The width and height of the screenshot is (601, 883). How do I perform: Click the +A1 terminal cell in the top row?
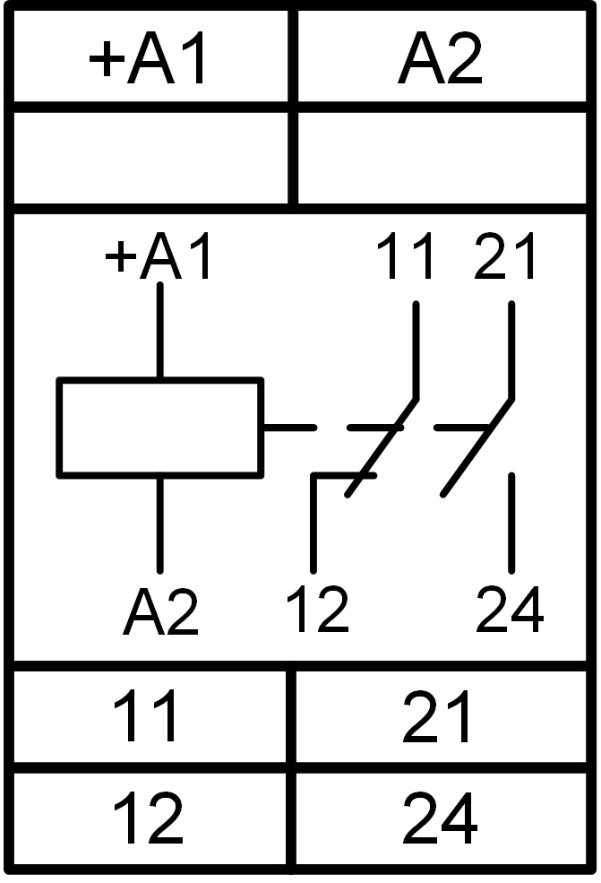tap(150, 56)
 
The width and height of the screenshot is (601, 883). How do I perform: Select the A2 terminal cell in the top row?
tap(442, 56)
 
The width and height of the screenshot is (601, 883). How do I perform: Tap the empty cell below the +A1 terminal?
tap(150, 158)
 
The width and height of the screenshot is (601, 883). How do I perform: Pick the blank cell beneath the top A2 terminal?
tap(442, 158)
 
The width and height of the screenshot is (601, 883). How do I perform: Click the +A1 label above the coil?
tap(159, 256)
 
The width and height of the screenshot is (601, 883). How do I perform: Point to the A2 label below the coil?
tap(161, 611)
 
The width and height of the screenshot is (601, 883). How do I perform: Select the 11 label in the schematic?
tap(405, 256)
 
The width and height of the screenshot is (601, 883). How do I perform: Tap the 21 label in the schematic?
tap(504, 256)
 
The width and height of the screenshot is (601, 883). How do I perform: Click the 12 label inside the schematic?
tap(317, 610)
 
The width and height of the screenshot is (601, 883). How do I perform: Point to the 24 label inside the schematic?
tap(510, 610)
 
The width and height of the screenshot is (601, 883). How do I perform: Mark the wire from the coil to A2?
tap(159, 524)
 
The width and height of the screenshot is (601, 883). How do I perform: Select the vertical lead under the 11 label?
tap(416, 350)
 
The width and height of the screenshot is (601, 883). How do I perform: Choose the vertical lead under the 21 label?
tap(511, 350)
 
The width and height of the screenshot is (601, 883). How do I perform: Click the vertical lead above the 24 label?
tap(511, 524)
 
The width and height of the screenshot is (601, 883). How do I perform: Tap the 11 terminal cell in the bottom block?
tap(149, 716)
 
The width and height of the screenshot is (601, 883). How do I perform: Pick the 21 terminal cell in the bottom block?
tap(442, 716)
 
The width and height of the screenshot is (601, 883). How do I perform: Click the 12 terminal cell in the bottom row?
tap(149, 818)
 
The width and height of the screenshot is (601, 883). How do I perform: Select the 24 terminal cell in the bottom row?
tap(442, 818)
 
